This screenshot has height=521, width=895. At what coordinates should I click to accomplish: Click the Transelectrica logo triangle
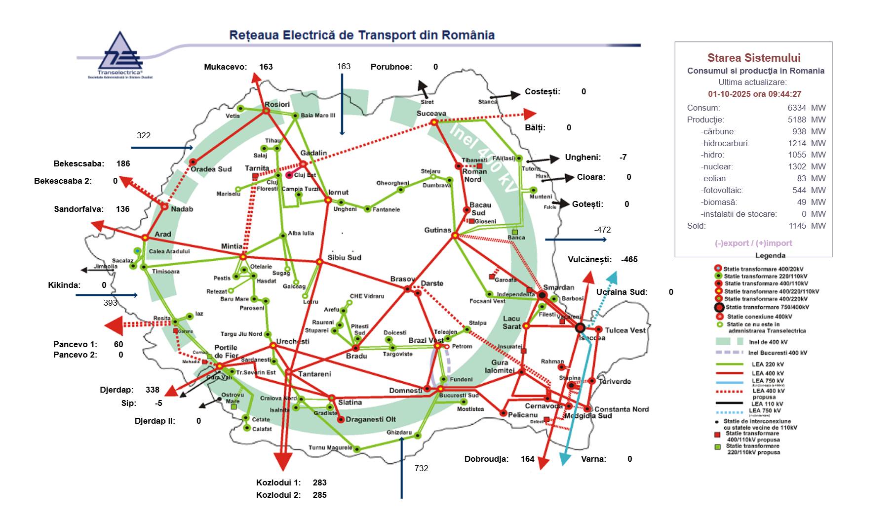tap(120, 52)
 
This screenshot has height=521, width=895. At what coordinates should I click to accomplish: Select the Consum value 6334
tap(797, 108)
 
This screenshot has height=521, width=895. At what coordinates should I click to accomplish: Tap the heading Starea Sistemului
tap(753, 58)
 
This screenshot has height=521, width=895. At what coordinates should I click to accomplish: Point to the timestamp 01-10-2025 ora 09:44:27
tap(754, 94)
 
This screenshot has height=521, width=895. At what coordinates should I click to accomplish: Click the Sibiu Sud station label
tap(345, 257)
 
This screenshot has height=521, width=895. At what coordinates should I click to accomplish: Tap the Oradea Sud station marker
tap(194, 162)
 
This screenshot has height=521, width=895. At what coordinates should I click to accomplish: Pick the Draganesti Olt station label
tap(371, 419)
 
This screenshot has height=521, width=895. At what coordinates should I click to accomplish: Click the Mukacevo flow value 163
tap(266, 67)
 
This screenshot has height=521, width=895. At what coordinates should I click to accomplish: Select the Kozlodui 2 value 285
tap(319, 495)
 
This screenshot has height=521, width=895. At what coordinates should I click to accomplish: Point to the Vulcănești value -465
tap(629, 259)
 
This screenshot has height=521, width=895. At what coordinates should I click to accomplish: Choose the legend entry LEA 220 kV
tap(768, 364)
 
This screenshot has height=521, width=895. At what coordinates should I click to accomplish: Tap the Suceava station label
tap(431, 113)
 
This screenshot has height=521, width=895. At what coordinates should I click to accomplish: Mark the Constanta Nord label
tap(622, 409)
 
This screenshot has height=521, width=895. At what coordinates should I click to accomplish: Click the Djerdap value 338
tap(152, 390)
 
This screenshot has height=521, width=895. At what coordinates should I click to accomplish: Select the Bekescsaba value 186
tap(123, 163)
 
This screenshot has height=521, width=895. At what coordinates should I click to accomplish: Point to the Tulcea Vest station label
tap(625, 330)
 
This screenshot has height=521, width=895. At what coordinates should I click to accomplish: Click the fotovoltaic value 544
tap(799, 191)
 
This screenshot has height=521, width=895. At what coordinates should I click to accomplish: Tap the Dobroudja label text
tap(486, 459)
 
